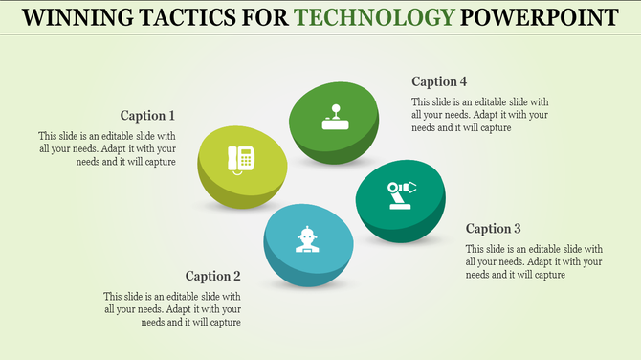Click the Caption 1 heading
[x=148, y=116]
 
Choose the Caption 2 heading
[x=212, y=276]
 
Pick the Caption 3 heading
[x=494, y=229]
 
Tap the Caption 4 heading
[x=440, y=81]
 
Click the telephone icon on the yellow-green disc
[x=240, y=158]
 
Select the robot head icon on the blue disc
[x=306, y=238]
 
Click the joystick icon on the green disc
[x=334, y=116]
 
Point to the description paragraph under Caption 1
[x=106, y=148]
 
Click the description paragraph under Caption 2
[x=172, y=309]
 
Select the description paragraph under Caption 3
[x=534, y=261]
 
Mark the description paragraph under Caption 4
[x=479, y=115]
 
